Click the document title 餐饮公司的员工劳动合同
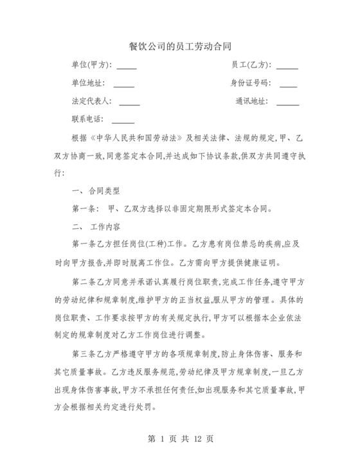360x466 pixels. [179, 47]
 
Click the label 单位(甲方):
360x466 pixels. [92, 65]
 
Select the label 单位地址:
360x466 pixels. [88, 84]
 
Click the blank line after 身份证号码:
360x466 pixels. [288, 84]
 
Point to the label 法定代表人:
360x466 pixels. [92, 102]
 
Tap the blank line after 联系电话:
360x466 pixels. [123, 120]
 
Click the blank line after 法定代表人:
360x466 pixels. [129, 102]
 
